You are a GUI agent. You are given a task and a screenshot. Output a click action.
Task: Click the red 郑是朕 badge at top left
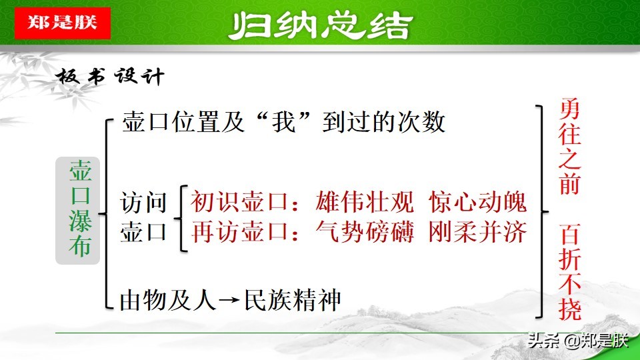(61, 23)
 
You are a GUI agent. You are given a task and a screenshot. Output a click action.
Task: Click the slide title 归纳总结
(320, 26)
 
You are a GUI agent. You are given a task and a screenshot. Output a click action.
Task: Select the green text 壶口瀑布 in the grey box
(78, 210)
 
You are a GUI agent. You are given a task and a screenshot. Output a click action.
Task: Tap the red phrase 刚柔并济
(478, 231)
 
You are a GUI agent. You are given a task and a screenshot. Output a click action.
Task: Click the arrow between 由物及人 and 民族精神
(228, 301)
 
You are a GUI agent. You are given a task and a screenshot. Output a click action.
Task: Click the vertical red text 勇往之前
(570, 147)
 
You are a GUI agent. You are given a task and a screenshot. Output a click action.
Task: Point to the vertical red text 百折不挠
(570, 273)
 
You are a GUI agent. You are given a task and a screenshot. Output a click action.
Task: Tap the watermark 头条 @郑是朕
(577, 341)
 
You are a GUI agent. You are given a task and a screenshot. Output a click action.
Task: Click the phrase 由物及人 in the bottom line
(169, 300)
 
